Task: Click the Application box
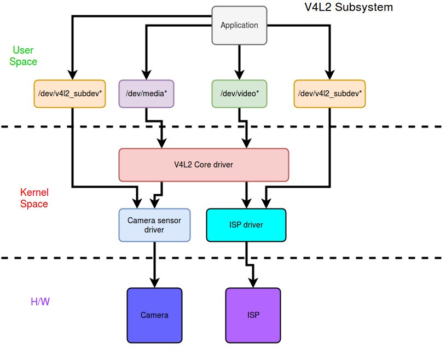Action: [239, 25]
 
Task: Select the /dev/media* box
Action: [146, 93]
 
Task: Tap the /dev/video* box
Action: [239, 93]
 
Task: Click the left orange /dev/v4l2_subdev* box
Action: [69, 93]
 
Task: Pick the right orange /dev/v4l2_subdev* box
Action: [329, 93]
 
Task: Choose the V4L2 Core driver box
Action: [204, 165]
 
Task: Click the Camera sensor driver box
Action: [154, 225]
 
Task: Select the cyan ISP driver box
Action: [246, 225]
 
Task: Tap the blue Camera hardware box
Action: [154, 315]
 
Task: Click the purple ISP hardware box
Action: [253, 315]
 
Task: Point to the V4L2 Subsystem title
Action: [348, 8]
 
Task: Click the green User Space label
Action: [23, 56]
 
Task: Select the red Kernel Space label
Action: [34, 198]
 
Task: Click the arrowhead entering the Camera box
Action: [154, 282]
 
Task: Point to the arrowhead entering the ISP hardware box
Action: [253, 282]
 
